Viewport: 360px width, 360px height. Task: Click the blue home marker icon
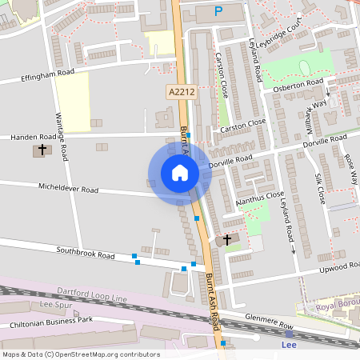point(180,173)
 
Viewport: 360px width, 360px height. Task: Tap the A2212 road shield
point(182,93)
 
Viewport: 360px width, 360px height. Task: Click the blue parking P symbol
point(218,11)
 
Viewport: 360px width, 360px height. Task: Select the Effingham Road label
point(49,76)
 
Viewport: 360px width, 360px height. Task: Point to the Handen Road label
point(33,137)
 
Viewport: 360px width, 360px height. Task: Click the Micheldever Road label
point(68,189)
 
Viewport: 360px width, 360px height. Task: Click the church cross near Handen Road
point(42,150)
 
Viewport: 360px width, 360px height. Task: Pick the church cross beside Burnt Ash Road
point(226,239)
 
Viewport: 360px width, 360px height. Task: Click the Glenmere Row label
point(270,318)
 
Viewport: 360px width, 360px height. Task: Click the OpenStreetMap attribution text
point(81,354)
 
